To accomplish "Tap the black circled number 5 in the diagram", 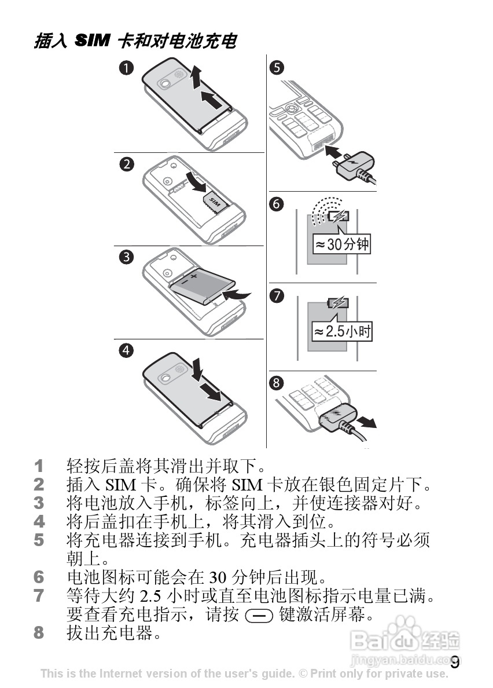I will point(277,68).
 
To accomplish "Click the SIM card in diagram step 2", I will point(216,202).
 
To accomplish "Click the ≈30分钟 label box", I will point(341,244).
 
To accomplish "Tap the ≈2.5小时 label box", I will point(342,332).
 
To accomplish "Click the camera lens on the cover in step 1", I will point(167,84).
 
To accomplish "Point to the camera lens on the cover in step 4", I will point(167,378).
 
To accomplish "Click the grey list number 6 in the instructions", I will point(39,577).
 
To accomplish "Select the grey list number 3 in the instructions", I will point(39,502).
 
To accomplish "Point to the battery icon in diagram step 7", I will point(339,303).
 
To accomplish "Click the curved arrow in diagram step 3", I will point(238,295).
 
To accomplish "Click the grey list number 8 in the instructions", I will point(39,632).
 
